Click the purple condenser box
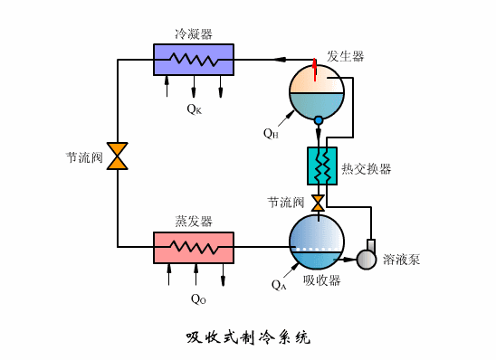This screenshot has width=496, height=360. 194,60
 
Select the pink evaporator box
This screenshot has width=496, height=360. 194,247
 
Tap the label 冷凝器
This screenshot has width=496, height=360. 194,34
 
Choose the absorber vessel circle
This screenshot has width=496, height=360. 317,241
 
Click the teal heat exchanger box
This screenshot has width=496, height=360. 322,166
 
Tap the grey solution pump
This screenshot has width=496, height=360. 367,259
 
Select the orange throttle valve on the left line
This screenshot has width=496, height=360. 118,155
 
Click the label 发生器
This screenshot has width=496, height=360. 345,56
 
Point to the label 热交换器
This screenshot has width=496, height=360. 367,169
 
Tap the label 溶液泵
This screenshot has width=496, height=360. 401,260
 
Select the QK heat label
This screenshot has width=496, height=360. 195,109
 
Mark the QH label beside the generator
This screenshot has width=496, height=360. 271,133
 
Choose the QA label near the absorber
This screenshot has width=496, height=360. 279,284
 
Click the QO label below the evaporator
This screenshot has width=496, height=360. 198,298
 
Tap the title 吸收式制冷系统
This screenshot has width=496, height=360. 247,338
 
